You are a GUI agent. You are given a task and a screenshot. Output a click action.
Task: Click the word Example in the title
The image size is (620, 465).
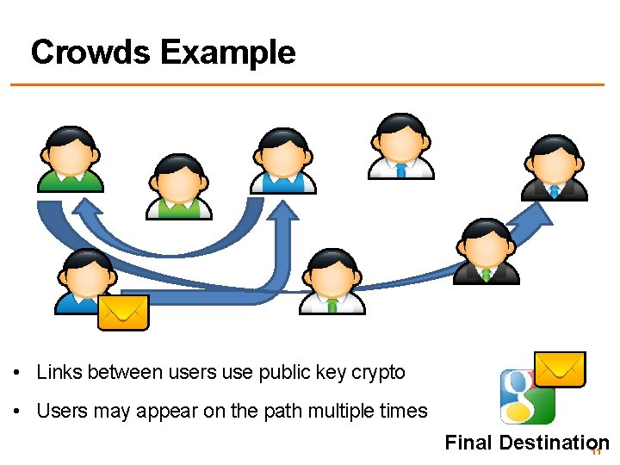[x=227, y=53]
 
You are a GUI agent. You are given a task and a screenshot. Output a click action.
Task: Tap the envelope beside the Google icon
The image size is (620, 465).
[x=560, y=369]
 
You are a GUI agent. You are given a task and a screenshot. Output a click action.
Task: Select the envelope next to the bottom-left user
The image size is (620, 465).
[x=123, y=312]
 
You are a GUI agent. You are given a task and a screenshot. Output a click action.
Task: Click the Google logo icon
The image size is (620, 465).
[x=527, y=396]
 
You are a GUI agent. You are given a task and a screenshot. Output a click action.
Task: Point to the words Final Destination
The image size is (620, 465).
[x=526, y=443]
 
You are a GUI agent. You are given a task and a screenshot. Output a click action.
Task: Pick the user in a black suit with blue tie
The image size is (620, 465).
[x=555, y=168]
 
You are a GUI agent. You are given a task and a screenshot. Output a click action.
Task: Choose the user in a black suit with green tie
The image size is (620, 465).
[x=487, y=251]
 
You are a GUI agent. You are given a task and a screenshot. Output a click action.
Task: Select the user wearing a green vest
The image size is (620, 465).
[x=178, y=186]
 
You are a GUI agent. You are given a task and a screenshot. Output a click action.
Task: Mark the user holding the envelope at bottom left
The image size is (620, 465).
[x=84, y=281]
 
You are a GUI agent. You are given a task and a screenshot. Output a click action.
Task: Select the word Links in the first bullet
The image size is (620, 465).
[x=58, y=373]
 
